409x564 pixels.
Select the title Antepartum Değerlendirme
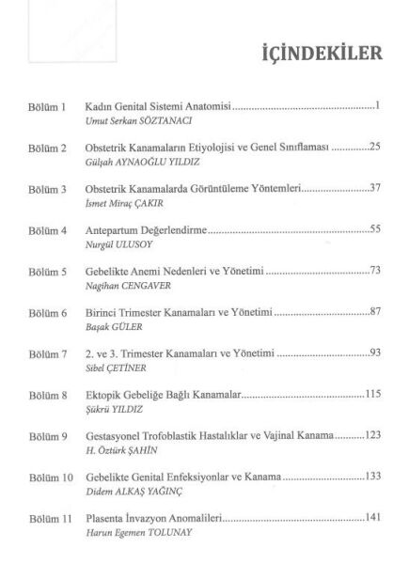(x=146, y=229)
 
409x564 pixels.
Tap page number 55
(x=373, y=229)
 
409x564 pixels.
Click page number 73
(x=373, y=270)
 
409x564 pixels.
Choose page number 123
(x=370, y=437)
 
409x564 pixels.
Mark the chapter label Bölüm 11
(x=48, y=519)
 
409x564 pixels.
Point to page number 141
(x=370, y=519)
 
